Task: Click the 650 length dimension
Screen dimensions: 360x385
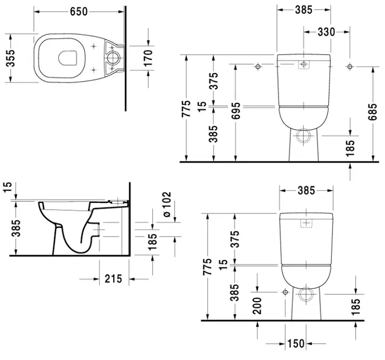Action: (x=80, y=11)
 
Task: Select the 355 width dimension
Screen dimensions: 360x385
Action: (x=10, y=57)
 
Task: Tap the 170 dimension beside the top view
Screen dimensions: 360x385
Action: (x=148, y=57)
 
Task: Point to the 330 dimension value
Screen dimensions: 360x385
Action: (x=327, y=32)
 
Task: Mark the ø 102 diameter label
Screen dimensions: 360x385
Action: (x=168, y=203)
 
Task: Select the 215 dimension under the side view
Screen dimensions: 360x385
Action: (x=114, y=279)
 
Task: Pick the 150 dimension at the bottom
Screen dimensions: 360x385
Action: (x=296, y=344)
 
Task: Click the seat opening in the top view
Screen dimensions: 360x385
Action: (x=68, y=58)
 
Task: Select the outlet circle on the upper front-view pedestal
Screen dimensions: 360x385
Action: (x=304, y=135)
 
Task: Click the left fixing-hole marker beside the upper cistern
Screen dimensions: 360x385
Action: (x=258, y=67)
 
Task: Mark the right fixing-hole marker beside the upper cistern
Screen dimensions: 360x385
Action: (x=350, y=67)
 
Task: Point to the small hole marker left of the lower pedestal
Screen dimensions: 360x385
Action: (x=284, y=291)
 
